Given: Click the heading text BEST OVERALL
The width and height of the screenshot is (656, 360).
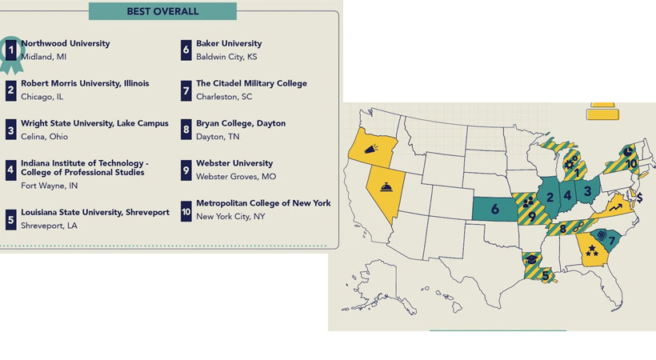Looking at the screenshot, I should [162, 11].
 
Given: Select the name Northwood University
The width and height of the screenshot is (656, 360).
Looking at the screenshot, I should [66, 44].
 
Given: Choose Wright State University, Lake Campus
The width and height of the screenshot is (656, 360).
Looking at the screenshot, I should [94, 123].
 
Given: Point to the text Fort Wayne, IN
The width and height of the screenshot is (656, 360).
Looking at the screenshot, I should [50, 186].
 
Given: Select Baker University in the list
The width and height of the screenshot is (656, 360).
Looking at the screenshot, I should [229, 44].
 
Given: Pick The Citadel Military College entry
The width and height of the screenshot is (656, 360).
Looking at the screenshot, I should [251, 83].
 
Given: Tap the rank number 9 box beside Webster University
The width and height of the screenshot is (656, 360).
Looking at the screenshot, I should [186, 170].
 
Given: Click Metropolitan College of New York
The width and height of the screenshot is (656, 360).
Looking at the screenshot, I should [263, 203].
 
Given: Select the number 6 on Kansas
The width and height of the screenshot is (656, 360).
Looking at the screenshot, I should [494, 210].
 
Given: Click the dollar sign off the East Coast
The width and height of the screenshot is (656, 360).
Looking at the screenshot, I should [639, 197].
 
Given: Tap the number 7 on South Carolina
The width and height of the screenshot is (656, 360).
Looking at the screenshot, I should [613, 241].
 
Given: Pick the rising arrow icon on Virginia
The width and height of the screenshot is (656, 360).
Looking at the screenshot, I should [614, 207].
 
